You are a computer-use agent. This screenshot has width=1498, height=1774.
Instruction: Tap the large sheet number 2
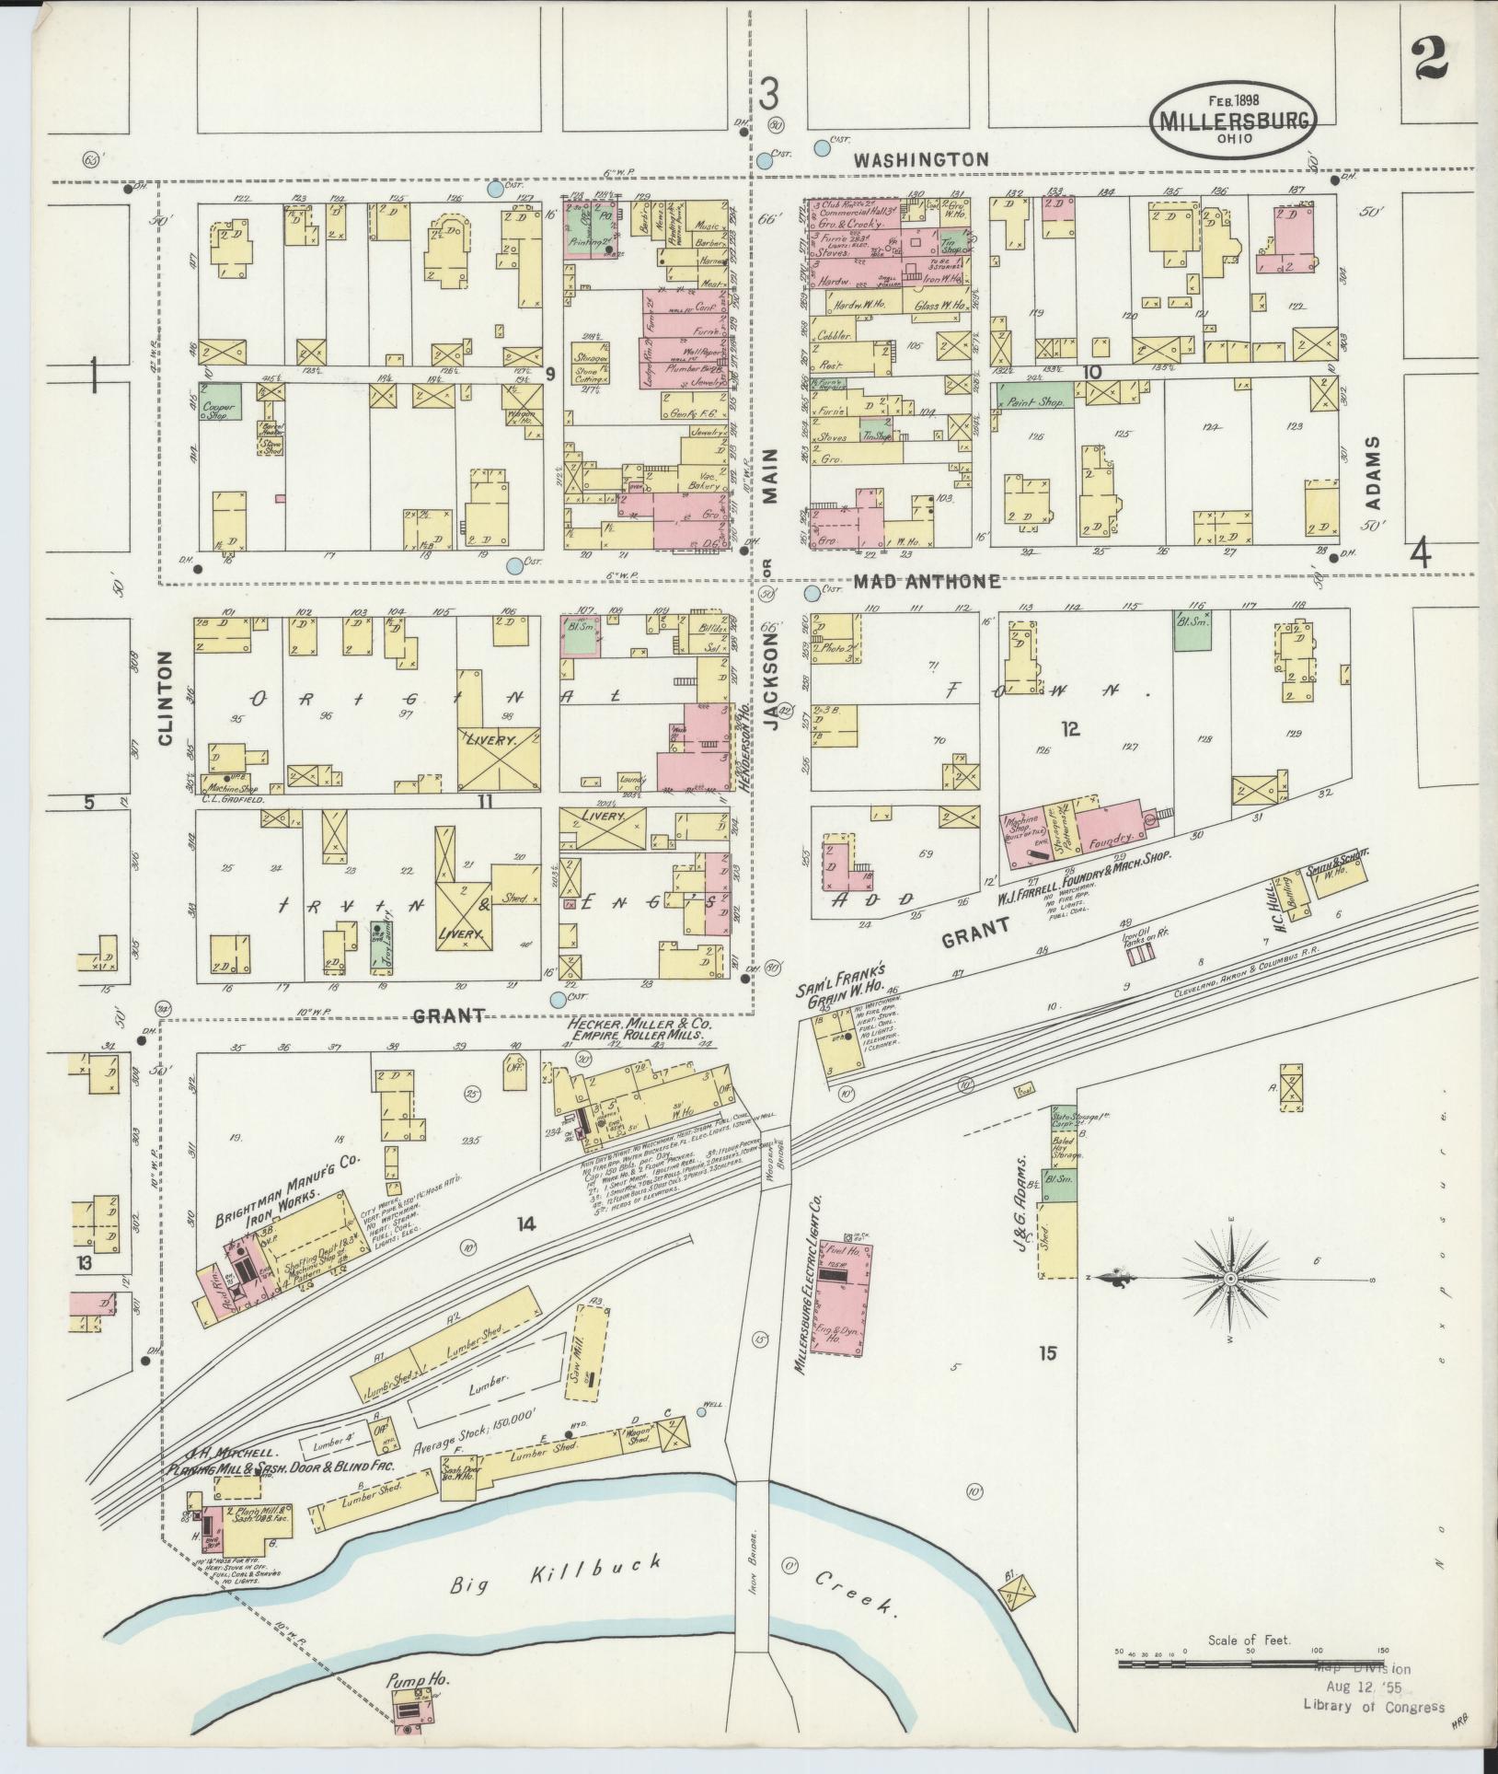click(1427, 60)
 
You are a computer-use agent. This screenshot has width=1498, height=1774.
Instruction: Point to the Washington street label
click(920, 159)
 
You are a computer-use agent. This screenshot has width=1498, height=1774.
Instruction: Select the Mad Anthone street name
click(926, 581)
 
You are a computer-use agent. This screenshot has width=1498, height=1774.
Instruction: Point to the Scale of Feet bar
click(1251, 1664)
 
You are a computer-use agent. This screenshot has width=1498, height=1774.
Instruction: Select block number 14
click(524, 1223)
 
